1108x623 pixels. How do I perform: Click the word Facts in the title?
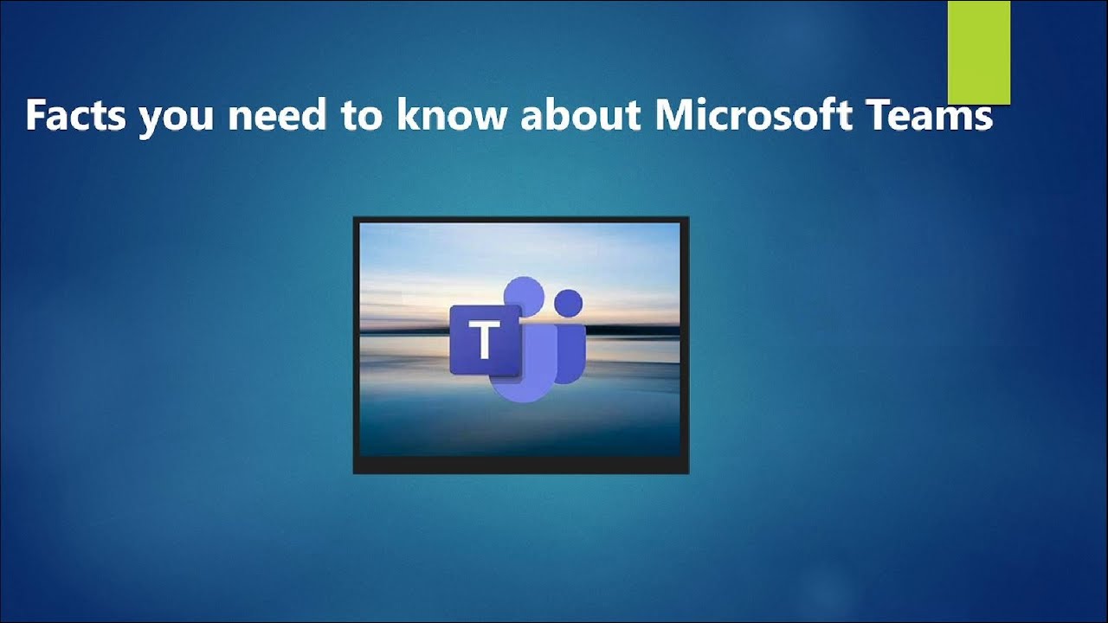pos(77,116)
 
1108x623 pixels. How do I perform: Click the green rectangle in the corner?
pos(979,52)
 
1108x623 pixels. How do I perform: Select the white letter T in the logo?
pos(485,340)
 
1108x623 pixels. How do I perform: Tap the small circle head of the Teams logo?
pos(568,303)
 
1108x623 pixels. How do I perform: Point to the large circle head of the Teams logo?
pos(523,299)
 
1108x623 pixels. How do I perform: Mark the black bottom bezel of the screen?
pos(520,465)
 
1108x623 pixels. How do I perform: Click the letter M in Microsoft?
pos(673,116)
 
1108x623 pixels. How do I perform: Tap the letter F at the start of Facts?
pos(35,116)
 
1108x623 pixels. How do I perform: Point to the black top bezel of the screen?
pos(520,220)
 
